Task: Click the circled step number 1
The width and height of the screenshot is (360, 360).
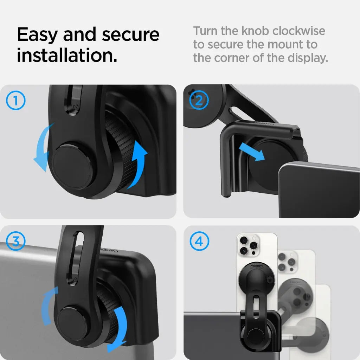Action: (16, 101)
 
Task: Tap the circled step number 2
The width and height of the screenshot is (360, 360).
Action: (199, 101)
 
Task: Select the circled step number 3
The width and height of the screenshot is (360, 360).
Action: (16, 242)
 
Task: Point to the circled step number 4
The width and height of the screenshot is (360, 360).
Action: (199, 242)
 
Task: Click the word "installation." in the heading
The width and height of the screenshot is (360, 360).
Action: (67, 56)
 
